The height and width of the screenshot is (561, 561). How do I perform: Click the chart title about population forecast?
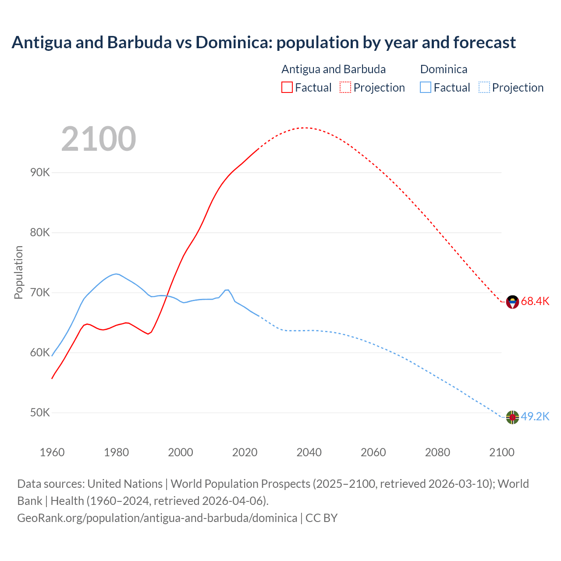[263, 43]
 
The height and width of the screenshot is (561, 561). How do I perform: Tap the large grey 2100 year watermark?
[99, 139]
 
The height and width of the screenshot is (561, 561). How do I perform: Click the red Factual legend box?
[287, 87]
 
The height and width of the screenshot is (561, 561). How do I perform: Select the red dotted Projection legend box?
[345, 87]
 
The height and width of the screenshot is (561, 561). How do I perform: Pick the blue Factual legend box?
[426, 87]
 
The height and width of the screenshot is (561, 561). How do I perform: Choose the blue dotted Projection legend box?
[484, 87]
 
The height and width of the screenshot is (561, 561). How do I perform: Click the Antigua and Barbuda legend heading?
[334, 69]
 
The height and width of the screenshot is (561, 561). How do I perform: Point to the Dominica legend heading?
[444, 69]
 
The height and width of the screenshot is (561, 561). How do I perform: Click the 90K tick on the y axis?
[40, 172]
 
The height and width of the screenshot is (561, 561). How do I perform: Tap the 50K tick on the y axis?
[40, 412]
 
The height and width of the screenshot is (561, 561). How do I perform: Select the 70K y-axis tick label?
[40, 292]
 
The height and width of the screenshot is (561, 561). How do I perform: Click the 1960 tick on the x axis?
[52, 452]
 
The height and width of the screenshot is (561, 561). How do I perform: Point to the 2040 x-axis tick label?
[309, 452]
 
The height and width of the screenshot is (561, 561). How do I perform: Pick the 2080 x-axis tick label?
[437, 452]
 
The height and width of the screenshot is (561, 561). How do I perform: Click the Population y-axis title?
[18, 272]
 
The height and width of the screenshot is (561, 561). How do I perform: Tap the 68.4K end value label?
[535, 301]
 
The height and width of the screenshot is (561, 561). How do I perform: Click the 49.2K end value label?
[535, 416]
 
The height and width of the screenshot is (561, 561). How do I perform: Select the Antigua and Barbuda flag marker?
[512, 302]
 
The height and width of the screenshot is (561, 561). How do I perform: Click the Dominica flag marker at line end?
[512, 417]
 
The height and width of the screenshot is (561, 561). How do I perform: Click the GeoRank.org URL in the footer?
[157, 518]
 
